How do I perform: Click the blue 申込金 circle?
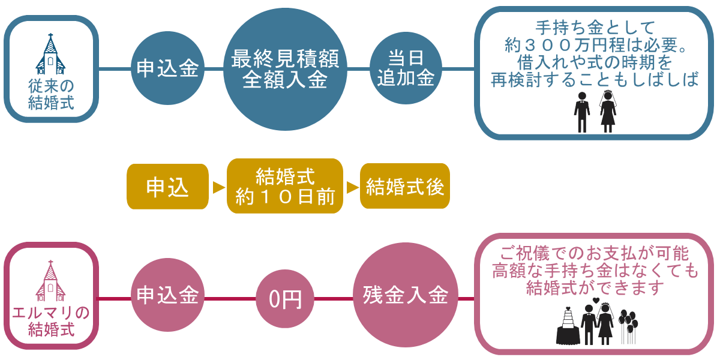pyautogui.click(x=167, y=68)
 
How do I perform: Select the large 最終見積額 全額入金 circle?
pyautogui.click(x=285, y=69)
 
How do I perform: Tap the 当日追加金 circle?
pyautogui.click(x=406, y=68)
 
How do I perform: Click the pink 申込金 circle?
pyautogui.click(x=167, y=295)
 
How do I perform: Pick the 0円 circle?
pyautogui.click(x=285, y=299)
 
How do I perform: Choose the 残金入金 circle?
pyautogui.click(x=406, y=295)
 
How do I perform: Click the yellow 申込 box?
pyautogui.click(x=167, y=187)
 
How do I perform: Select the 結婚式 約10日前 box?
pyautogui.click(x=285, y=186)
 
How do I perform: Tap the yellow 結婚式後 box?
pyautogui.click(x=405, y=186)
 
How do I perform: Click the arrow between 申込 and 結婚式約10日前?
pyautogui.click(x=218, y=187)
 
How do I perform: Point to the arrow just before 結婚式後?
pyautogui.click(x=353, y=187)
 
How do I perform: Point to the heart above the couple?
pyautogui.click(x=596, y=301)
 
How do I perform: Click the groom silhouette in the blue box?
pyautogui.click(x=582, y=113)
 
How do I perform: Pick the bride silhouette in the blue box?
pyautogui.click(x=608, y=112)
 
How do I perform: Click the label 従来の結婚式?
pyautogui.click(x=51, y=95)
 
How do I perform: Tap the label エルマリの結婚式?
pyautogui.click(x=51, y=321)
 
